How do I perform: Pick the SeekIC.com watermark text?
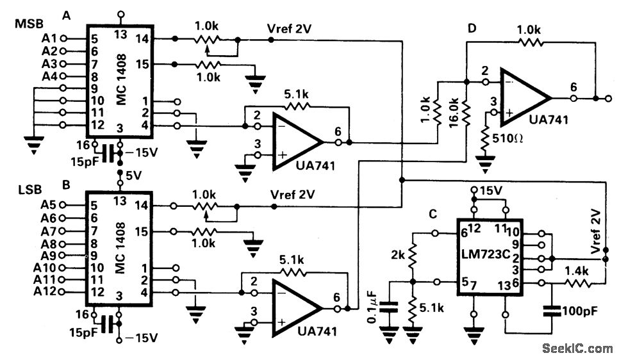click(576, 348)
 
